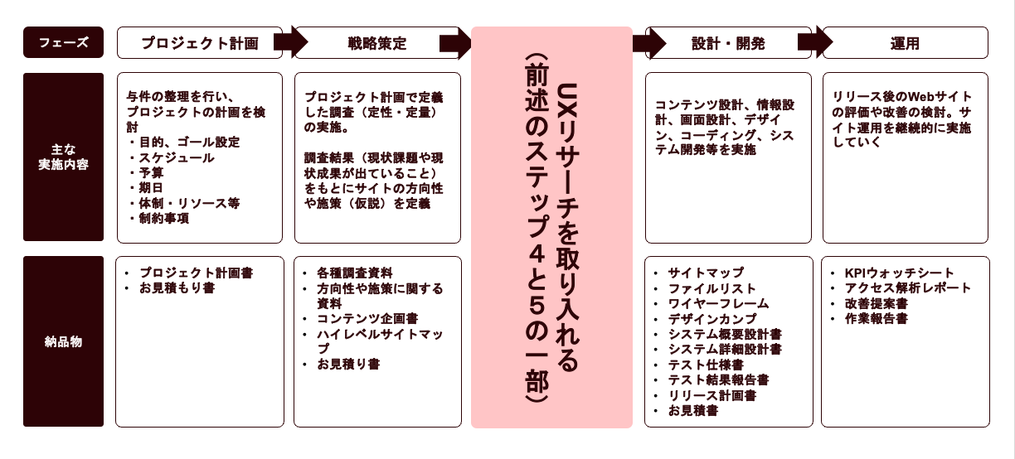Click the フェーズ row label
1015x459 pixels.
click(64, 42)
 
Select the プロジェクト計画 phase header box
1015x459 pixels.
click(200, 43)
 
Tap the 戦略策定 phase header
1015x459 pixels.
click(377, 43)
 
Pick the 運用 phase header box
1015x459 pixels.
click(905, 43)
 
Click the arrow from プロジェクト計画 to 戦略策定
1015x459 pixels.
click(289, 43)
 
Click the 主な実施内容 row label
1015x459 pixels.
click(64, 157)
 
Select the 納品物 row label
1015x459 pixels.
click(64, 341)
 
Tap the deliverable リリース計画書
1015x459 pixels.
click(711, 395)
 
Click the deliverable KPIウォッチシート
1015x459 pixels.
click(899, 273)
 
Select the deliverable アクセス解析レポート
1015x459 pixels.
click(907, 288)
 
